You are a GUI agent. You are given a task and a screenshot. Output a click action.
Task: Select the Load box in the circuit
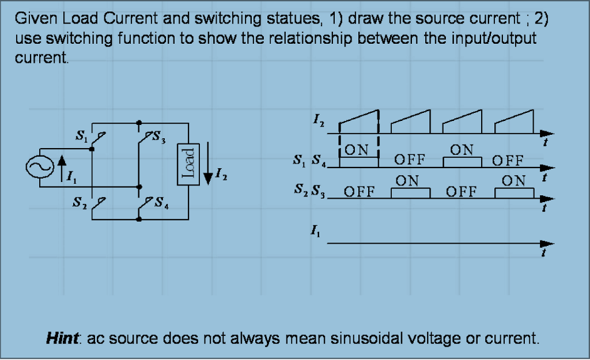tap(188, 164)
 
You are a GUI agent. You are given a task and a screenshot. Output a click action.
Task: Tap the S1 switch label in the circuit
tap(82, 137)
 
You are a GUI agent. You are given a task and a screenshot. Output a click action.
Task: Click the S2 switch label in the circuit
tap(82, 202)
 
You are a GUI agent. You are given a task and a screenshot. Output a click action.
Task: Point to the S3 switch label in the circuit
tap(160, 138)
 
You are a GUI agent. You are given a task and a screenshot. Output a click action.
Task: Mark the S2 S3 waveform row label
tap(309, 190)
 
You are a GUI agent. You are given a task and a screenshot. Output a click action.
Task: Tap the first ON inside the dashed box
tap(357, 150)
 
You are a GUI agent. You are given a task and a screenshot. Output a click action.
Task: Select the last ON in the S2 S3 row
tap(513, 181)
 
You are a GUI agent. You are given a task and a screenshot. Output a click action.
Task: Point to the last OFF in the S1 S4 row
tap(508, 160)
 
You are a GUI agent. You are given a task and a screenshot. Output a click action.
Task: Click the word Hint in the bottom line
tap(62, 338)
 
